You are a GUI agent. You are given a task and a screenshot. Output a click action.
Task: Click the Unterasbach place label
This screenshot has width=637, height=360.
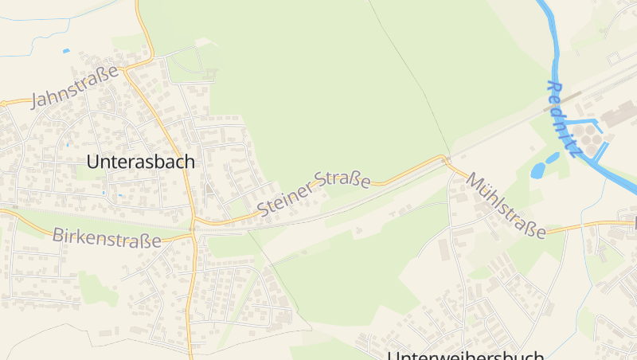point(140,162)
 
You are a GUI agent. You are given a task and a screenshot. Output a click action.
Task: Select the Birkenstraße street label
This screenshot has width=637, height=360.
point(107,237)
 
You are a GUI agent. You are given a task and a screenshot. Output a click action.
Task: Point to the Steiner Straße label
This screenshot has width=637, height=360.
point(315,192)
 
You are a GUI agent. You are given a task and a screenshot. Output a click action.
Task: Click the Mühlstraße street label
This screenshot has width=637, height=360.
point(506,205)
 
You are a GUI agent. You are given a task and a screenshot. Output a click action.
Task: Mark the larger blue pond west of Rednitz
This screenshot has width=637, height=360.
point(539,170)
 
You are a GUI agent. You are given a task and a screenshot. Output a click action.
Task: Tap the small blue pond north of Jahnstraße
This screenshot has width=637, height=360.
point(66,51)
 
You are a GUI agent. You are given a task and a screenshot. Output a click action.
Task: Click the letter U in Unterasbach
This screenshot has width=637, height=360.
point(92,162)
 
